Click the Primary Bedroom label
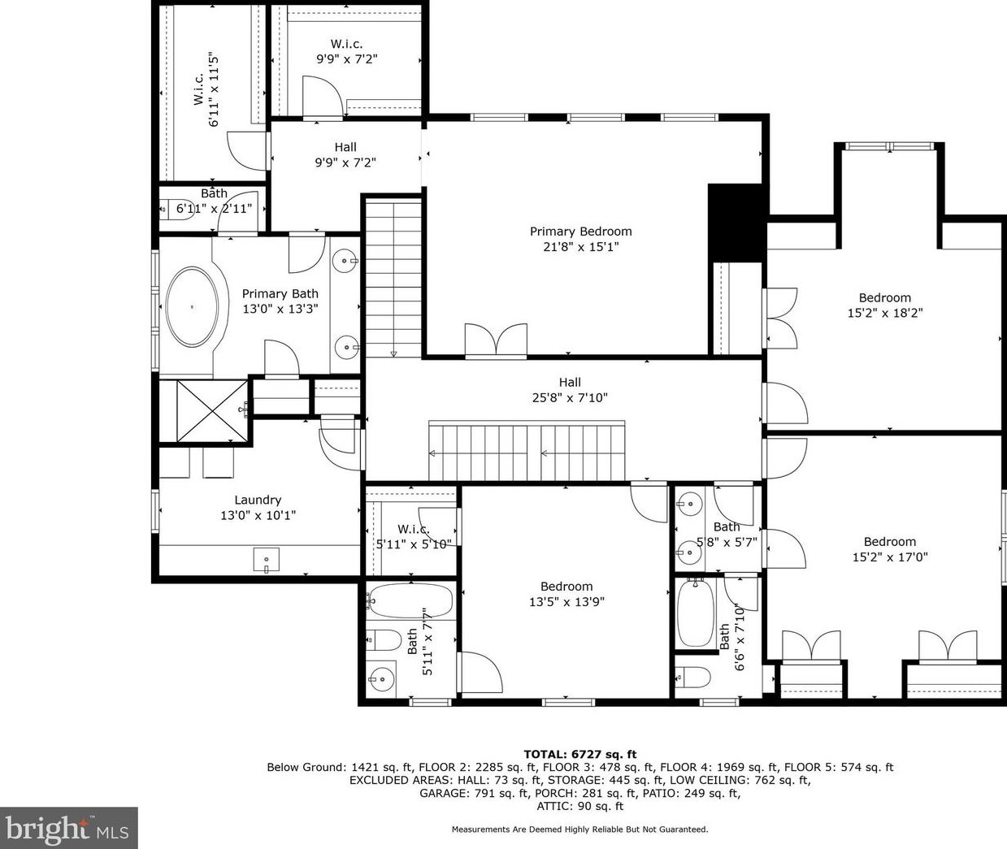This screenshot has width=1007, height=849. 580,232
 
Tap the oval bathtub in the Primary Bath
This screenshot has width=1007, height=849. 192,306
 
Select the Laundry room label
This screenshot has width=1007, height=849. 258,500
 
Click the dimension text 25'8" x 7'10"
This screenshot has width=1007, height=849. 570,398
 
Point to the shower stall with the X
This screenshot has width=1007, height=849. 212,411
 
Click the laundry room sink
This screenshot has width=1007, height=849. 267,560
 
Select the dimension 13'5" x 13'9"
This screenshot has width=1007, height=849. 566,602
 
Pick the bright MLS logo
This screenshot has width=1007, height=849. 68,828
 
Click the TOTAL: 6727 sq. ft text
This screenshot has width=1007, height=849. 580,755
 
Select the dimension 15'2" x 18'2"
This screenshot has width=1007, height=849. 885,313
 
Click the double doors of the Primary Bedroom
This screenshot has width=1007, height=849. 496,341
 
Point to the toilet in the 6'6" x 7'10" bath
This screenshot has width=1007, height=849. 692,678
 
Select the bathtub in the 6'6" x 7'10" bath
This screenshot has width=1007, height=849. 696,613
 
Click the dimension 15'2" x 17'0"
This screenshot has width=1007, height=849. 890,557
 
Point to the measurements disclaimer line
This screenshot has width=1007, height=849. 579,830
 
